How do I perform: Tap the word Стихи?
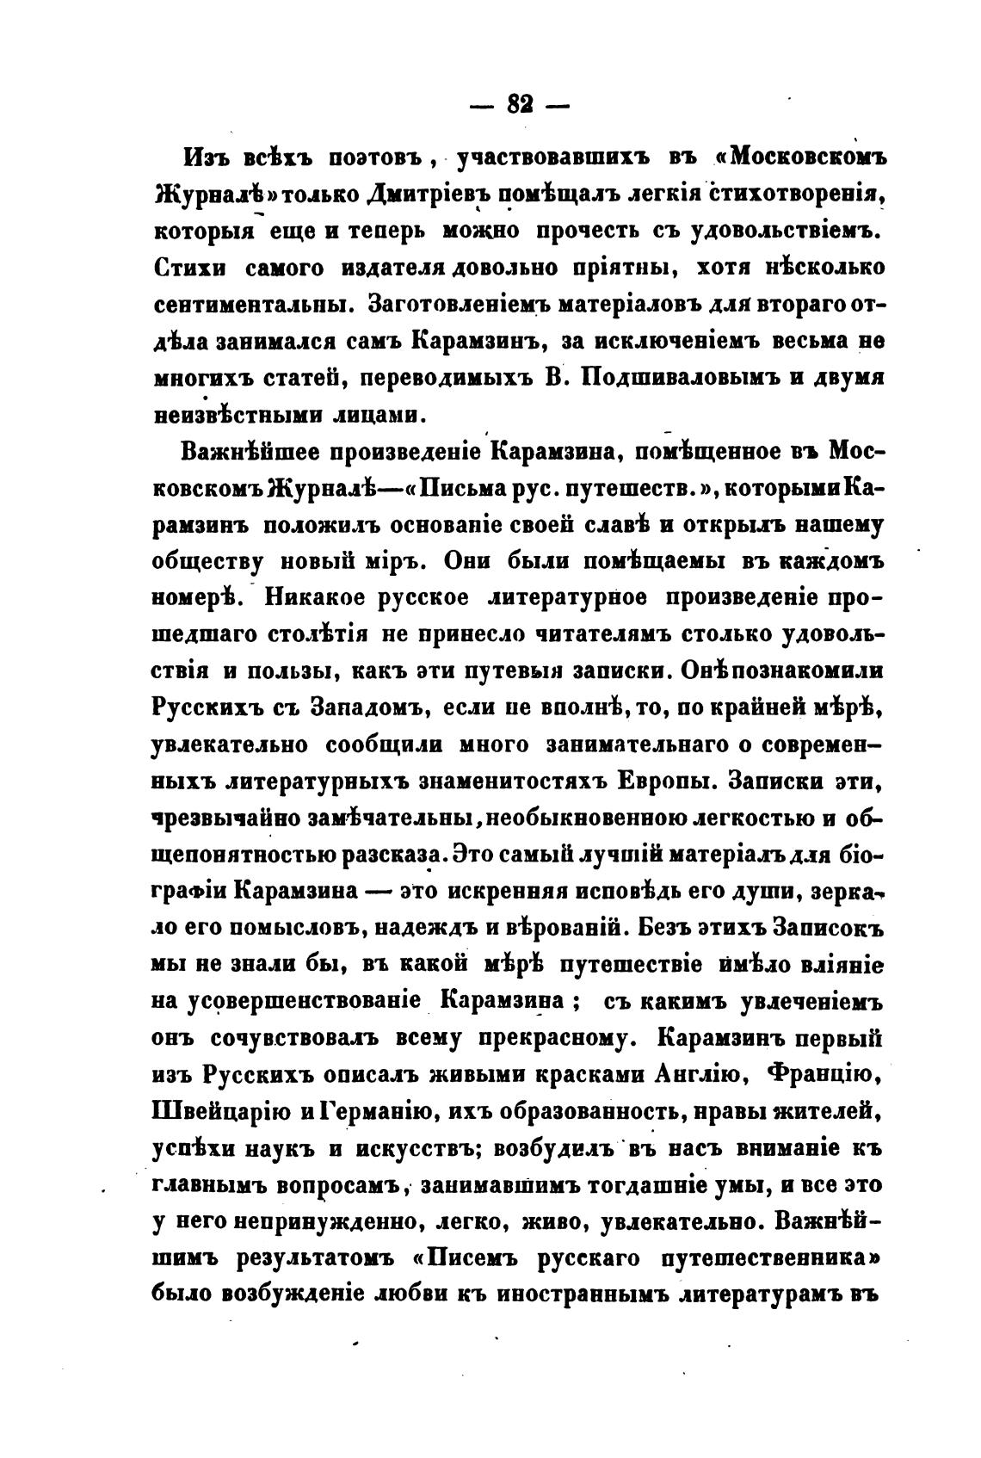coord(189,269)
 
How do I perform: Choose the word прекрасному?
coord(543,1039)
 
